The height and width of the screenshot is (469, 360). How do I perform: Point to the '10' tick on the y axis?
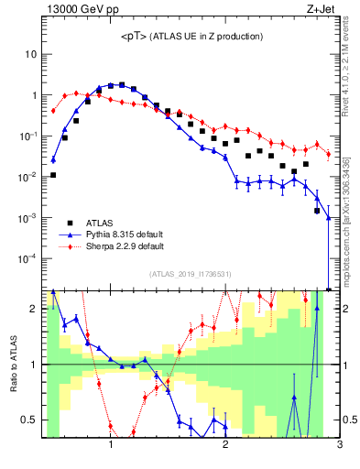click(x=30, y=54)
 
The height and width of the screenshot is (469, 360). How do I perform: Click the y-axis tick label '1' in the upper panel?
click(x=33, y=95)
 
